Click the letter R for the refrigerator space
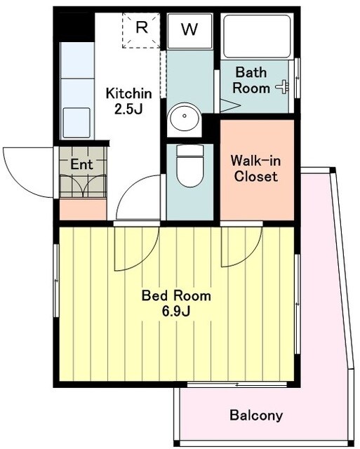coord(142,27)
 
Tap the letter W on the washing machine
coord(189,29)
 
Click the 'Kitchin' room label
coord(129,93)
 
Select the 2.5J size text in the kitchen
coord(128,109)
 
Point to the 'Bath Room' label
coord(251,80)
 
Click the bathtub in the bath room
coord(257,36)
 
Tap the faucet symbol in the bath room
coord(283,87)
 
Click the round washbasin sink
coord(184,116)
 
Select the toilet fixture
coord(190,166)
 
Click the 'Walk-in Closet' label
coord(256,168)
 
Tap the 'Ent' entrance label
coord(81,164)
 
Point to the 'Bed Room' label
coord(176,296)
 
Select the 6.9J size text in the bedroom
coord(176,311)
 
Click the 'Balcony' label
coord(256,415)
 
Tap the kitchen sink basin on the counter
coord(76,123)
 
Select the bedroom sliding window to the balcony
coord(237,384)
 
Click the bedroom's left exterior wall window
coord(56,281)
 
